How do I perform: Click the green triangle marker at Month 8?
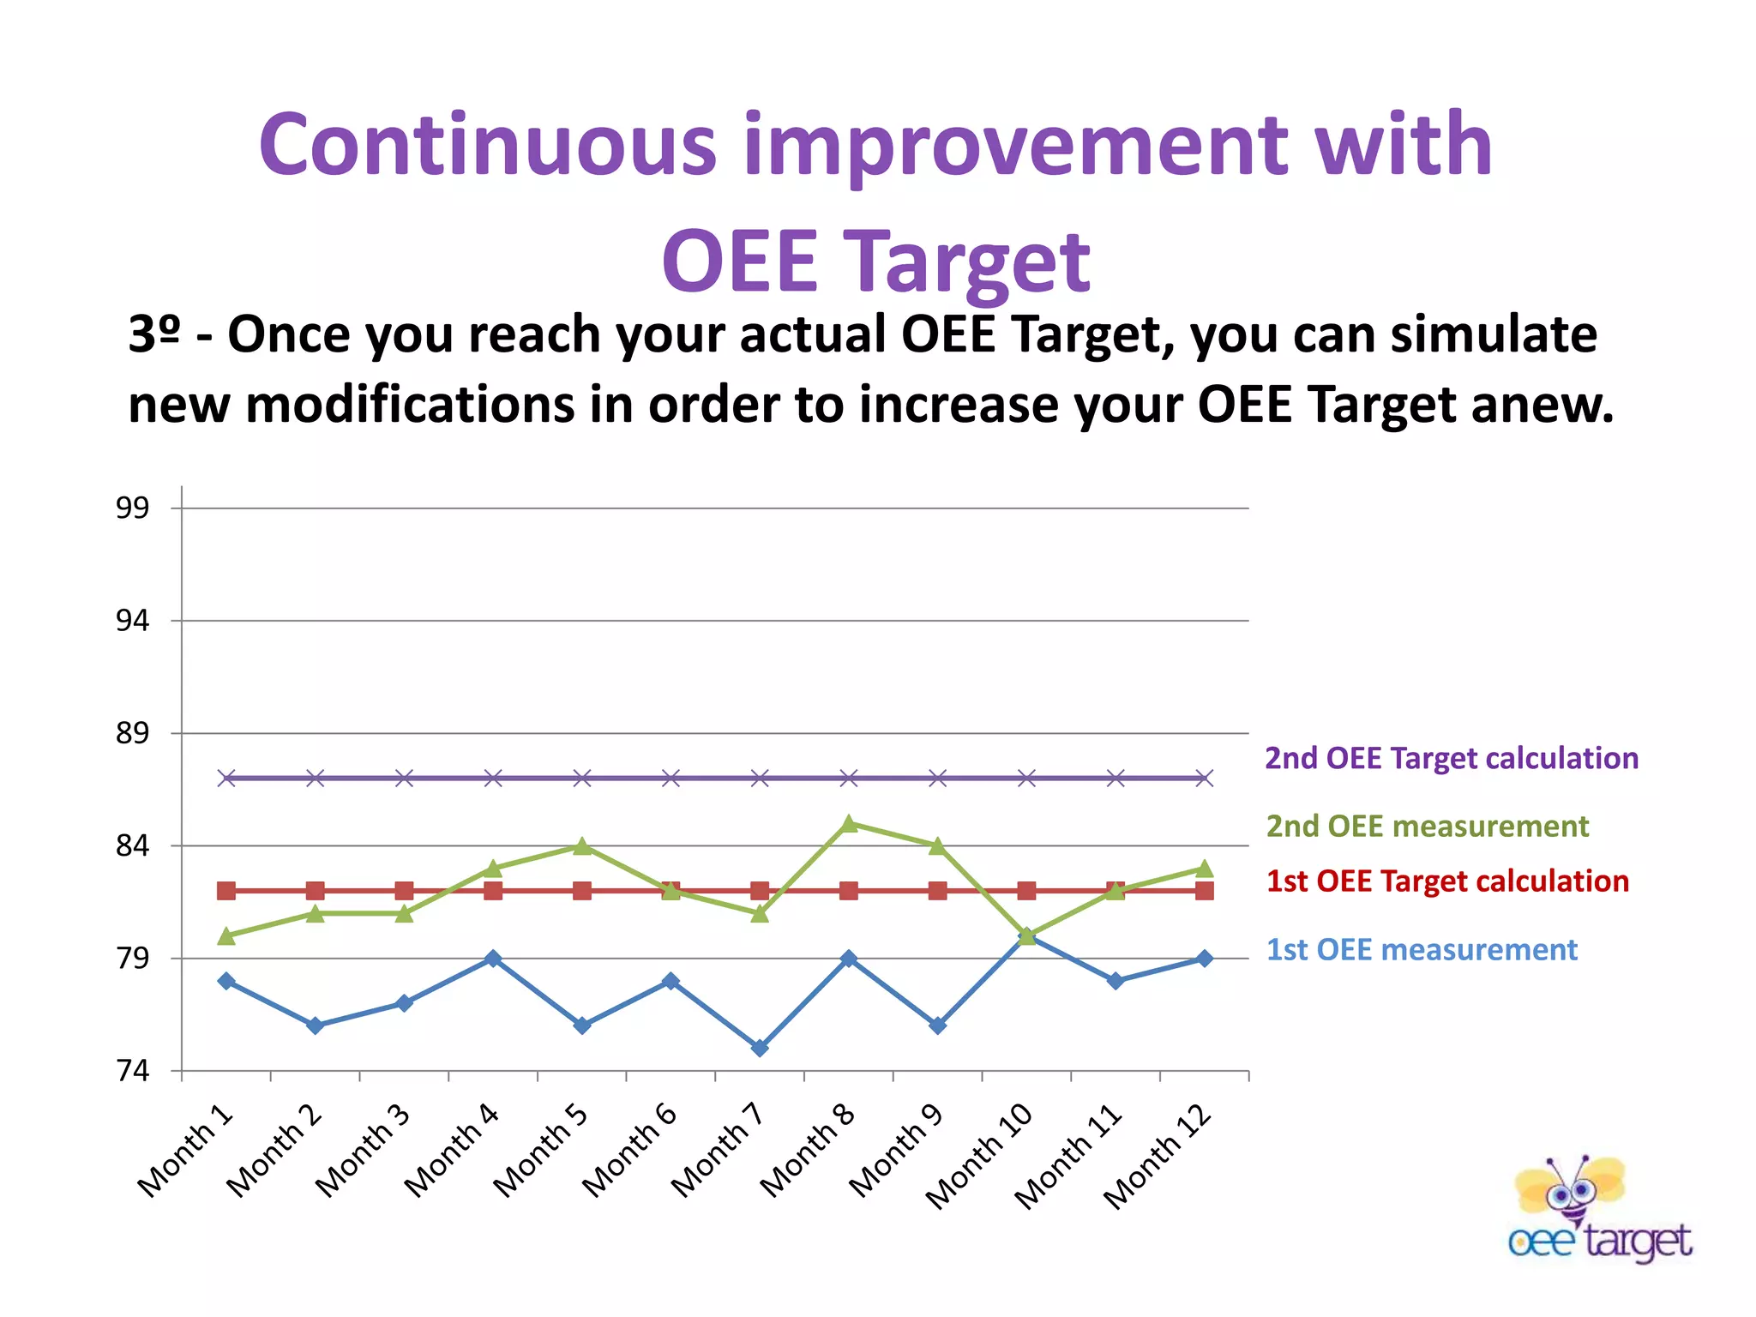coord(849,824)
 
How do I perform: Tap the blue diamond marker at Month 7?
coord(760,1048)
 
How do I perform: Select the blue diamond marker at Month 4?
coord(493,958)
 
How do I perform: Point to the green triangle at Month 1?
coord(226,936)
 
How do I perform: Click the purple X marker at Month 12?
coord(1205,779)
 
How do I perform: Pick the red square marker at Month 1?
coord(226,891)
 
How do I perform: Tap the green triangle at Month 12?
coord(1205,869)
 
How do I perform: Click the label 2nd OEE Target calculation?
coord(1452,759)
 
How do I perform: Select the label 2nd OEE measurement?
coord(1427,827)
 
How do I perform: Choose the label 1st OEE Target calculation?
coord(1447,881)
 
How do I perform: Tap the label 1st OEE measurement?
coord(1422,950)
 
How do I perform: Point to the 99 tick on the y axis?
coord(132,508)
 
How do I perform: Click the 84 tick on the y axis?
coord(132,846)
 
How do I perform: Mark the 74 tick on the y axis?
coord(132,1071)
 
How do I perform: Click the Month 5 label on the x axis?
coord(541,1151)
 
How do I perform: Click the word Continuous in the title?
coord(487,146)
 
